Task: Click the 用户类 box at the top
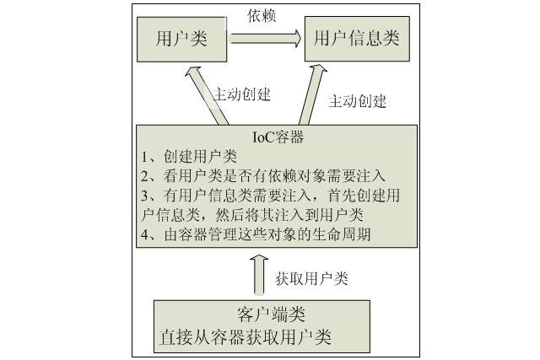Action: click(182, 40)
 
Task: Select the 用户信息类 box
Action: click(357, 39)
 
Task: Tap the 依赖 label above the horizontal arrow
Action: click(262, 15)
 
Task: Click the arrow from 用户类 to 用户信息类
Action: click(266, 38)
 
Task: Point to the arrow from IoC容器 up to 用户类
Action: click(206, 95)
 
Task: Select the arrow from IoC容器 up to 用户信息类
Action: click(313, 94)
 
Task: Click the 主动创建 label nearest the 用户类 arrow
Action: click(242, 94)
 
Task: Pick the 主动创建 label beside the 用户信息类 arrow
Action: click(358, 101)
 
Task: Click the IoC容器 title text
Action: click(278, 137)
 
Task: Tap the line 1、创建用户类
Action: click(189, 157)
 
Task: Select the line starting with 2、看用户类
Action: click(262, 176)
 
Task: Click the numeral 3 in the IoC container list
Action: click(145, 196)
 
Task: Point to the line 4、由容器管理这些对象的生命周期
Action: click(256, 234)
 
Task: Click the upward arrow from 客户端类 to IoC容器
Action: click(259, 275)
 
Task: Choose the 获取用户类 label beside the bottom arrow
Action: click(311, 278)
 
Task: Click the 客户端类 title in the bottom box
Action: click(272, 314)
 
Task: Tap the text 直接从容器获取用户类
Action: click(246, 337)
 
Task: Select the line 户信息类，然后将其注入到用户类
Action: click(252, 215)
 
